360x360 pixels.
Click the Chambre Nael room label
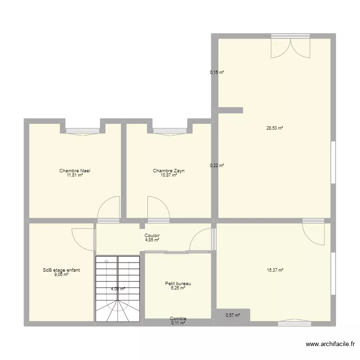coord(75,171)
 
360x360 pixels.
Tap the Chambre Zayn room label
coord(169,171)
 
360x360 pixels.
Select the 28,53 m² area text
coord(275,128)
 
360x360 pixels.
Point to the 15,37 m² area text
coord(275,270)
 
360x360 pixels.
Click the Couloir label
coord(152,236)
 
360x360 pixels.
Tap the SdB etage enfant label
coord(61,270)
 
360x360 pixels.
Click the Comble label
coord(178,319)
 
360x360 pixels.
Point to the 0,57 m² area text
coord(233,315)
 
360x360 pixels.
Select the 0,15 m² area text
coord(217,72)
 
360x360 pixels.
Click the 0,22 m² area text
coord(217,165)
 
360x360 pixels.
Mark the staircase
coord(118,289)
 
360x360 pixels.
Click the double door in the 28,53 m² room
coord(290,47)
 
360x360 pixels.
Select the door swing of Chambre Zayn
coord(158,208)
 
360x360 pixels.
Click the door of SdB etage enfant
coord(83,238)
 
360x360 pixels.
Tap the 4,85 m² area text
coord(152,240)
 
